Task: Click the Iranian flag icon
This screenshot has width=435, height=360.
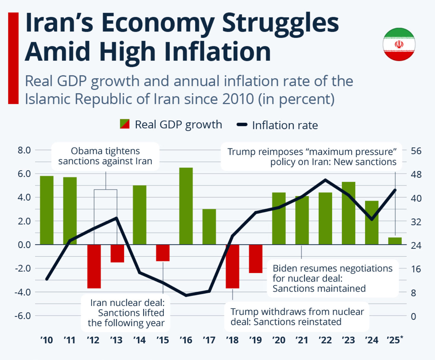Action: click(399, 44)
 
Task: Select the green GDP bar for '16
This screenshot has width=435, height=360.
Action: click(186, 206)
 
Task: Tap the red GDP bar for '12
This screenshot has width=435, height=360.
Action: click(94, 266)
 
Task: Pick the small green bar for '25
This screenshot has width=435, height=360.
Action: click(395, 241)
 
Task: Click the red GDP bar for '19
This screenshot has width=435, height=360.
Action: click(255, 259)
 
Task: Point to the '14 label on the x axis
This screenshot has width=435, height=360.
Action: click(139, 340)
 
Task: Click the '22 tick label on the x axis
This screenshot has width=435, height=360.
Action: click(325, 340)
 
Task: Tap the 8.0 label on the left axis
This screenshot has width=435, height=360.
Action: click(24, 150)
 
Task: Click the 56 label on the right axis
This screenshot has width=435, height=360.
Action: click(416, 151)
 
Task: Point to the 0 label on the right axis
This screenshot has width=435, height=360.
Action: click(413, 316)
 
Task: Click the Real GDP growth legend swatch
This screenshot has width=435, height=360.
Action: click(125, 124)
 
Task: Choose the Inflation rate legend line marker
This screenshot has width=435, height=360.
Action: click(242, 125)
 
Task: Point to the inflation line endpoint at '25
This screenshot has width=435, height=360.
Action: click(395, 190)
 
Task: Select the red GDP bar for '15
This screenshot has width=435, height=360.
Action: click(163, 253)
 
